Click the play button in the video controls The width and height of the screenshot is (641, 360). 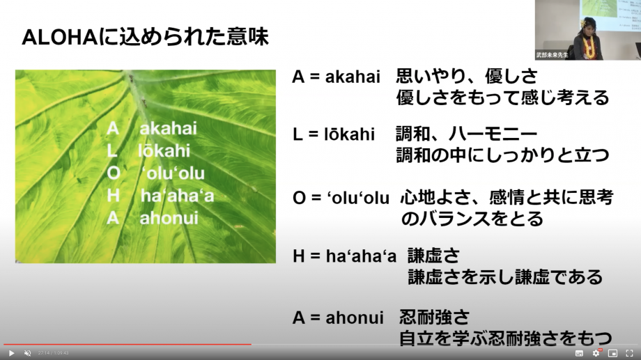[x=11, y=353]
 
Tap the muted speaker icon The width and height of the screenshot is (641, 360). [x=28, y=353]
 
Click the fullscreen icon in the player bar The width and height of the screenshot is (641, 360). [x=630, y=353]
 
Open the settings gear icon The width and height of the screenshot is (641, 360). [x=596, y=353]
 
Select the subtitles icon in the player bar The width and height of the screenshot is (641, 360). [x=579, y=353]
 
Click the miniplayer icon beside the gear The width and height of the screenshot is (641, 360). [x=612, y=353]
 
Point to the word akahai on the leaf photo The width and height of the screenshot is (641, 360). [x=168, y=128]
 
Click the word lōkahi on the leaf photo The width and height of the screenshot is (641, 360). [x=164, y=151]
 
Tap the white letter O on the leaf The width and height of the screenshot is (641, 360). [x=114, y=173]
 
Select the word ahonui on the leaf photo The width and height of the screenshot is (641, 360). [x=169, y=218]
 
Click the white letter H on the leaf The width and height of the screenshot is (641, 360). [x=114, y=196]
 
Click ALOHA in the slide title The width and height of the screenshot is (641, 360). [x=59, y=37]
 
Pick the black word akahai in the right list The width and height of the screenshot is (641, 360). [x=353, y=77]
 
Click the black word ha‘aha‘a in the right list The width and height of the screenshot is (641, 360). [x=361, y=256]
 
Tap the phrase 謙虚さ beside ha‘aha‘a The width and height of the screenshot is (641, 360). [x=434, y=256]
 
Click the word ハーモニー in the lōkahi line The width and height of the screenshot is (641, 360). [x=493, y=134]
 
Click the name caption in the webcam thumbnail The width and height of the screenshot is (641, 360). [x=552, y=55]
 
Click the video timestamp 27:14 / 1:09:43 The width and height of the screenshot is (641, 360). [x=53, y=353]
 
